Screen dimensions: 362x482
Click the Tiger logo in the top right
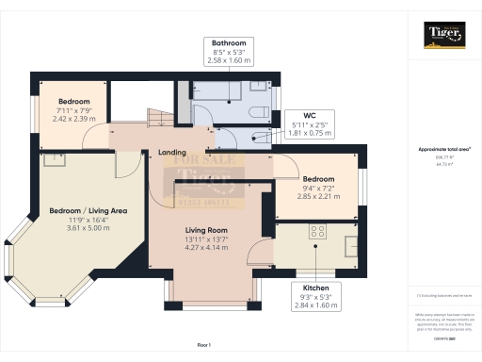point(444,37)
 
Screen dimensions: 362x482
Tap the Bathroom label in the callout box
point(229,43)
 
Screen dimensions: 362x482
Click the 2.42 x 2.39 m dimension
point(74,120)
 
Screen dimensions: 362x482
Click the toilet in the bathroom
point(260,112)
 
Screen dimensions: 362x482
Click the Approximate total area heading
point(443,149)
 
